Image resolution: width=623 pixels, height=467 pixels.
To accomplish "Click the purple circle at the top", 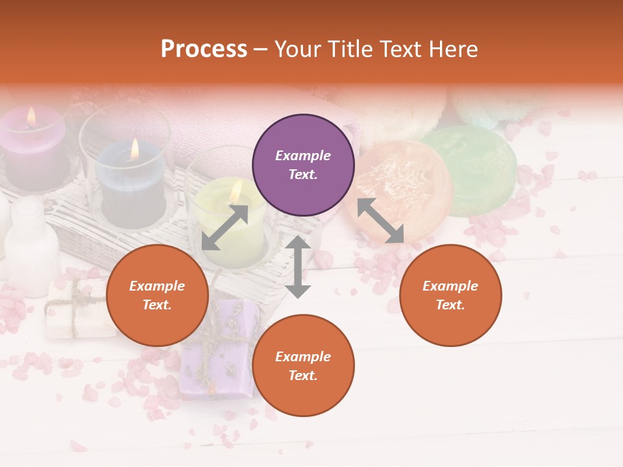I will click(x=303, y=165).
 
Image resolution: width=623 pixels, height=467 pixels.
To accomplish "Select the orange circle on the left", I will click(x=157, y=295).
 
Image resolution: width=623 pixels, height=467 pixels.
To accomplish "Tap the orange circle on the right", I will click(x=450, y=295).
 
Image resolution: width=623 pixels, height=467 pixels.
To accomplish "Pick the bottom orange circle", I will click(x=303, y=366).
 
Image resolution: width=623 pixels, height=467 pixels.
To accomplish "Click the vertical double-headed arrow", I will click(x=298, y=267).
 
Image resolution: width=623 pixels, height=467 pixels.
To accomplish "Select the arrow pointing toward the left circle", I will click(x=225, y=228).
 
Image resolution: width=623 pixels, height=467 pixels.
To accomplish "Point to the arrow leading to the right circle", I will click(x=381, y=221).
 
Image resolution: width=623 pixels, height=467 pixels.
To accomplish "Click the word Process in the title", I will click(x=204, y=49).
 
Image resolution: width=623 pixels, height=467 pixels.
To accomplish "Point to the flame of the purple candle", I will click(x=31, y=116).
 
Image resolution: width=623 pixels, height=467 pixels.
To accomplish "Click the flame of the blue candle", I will click(x=135, y=149).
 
